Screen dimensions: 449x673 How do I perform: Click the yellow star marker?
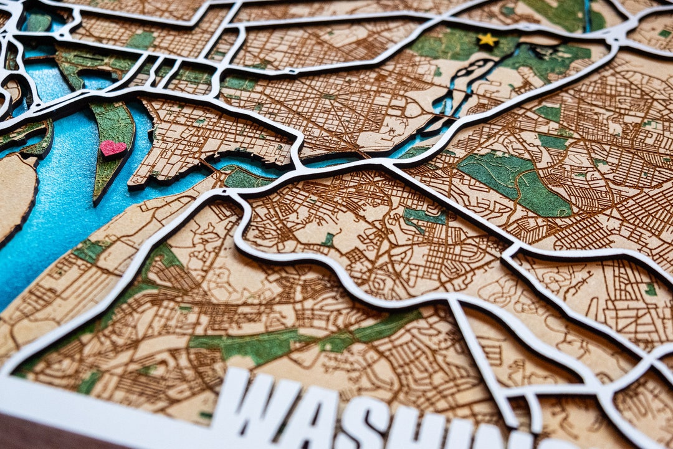pos(487,40)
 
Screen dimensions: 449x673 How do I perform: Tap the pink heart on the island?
pos(112,148)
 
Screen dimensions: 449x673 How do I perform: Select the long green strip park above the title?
pos(299,340)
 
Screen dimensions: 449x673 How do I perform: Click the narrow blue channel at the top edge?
pos(587,16)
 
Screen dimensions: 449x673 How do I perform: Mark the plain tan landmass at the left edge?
pos(16,193)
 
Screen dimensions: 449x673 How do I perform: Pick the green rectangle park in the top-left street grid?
pos(141,40)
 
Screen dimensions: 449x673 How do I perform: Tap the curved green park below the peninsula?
pos(246,179)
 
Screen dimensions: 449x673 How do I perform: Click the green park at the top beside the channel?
pos(558,14)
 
